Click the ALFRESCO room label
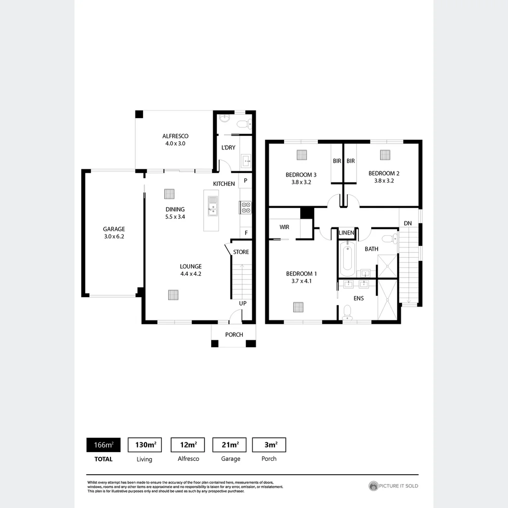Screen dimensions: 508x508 (x=175, y=136)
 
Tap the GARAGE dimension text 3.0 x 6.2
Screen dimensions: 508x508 (x=113, y=237)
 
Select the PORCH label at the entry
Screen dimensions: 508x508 (x=234, y=334)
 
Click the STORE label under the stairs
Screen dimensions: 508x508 (x=241, y=252)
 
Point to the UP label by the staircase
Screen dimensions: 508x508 (x=243, y=303)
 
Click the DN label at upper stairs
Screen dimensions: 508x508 (x=407, y=223)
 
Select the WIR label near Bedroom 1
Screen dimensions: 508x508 (x=284, y=227)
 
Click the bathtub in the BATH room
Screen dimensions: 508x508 (x=348, y=259)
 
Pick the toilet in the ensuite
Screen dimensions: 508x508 (x=347, y=311)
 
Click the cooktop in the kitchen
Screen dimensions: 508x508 (x=246, y=207)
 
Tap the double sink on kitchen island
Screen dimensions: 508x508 (x=213, y=206)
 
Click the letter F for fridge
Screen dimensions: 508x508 (x=246, y=232)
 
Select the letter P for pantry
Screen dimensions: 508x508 (x=246, y=181)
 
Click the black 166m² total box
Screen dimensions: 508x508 (x=103, y=444)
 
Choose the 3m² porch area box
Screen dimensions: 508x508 (x=269, y=444)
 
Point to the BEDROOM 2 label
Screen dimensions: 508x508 (x=384, y=173)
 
